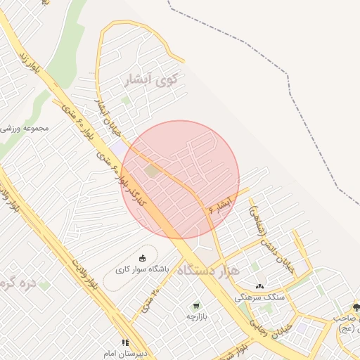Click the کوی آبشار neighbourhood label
pyautogui.click(x=151, y=79)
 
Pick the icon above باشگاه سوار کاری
pyautogui.click(x=143, y=258)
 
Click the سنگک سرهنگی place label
pyautogui.click(x=260, y=297)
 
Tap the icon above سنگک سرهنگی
pyautogui.click(x=260, y=286)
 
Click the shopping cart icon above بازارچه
pyautogui.click(x=196, y=306)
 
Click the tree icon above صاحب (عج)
pyautogui.click(x=355, y=307)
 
